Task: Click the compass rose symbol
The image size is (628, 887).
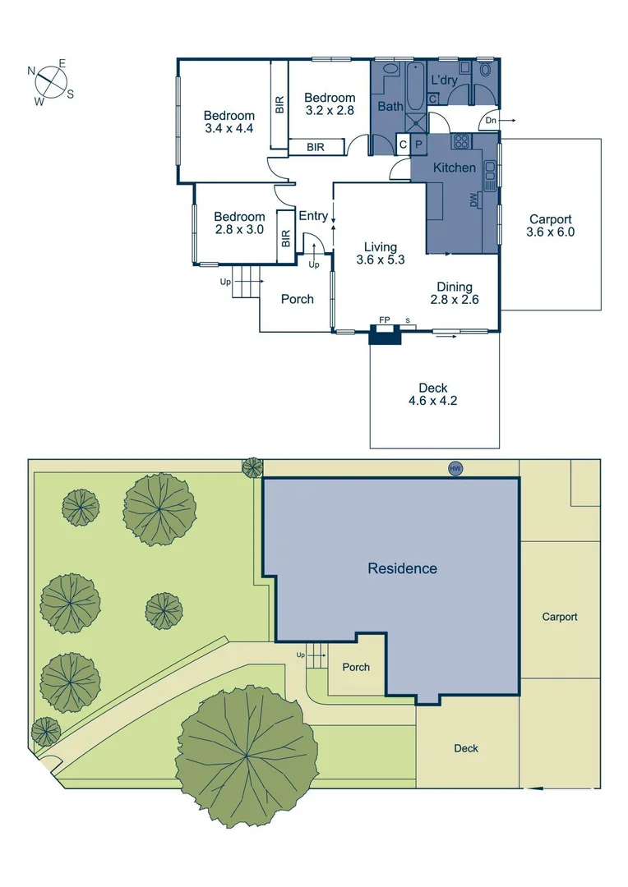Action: tap(52, 82)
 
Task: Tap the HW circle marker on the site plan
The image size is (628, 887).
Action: tap(455, 468)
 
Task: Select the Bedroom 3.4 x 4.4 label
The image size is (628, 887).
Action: tap(229, 122)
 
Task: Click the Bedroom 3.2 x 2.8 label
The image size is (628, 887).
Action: tap(330, 103)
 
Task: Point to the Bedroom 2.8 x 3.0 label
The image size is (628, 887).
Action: tap(239, 223)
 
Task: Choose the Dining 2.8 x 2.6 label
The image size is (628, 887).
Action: tap(455, 293)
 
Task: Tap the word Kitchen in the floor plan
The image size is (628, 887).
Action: tap(455, 168)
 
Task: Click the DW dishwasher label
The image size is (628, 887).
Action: tap(473, 200)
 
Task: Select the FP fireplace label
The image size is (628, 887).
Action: tap(384, 319)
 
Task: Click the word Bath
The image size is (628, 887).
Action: tap(390, 106)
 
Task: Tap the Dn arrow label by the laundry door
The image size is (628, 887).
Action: tap(492, 121)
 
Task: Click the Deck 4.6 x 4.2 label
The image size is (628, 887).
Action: tap(432, 395)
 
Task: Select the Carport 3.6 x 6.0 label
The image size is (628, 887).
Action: tap(551, 226)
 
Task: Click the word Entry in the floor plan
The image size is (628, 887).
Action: tap(313, 216)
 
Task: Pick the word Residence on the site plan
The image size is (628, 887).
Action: tap(402, 568)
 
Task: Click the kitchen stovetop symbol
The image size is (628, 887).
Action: tap(461, 140)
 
